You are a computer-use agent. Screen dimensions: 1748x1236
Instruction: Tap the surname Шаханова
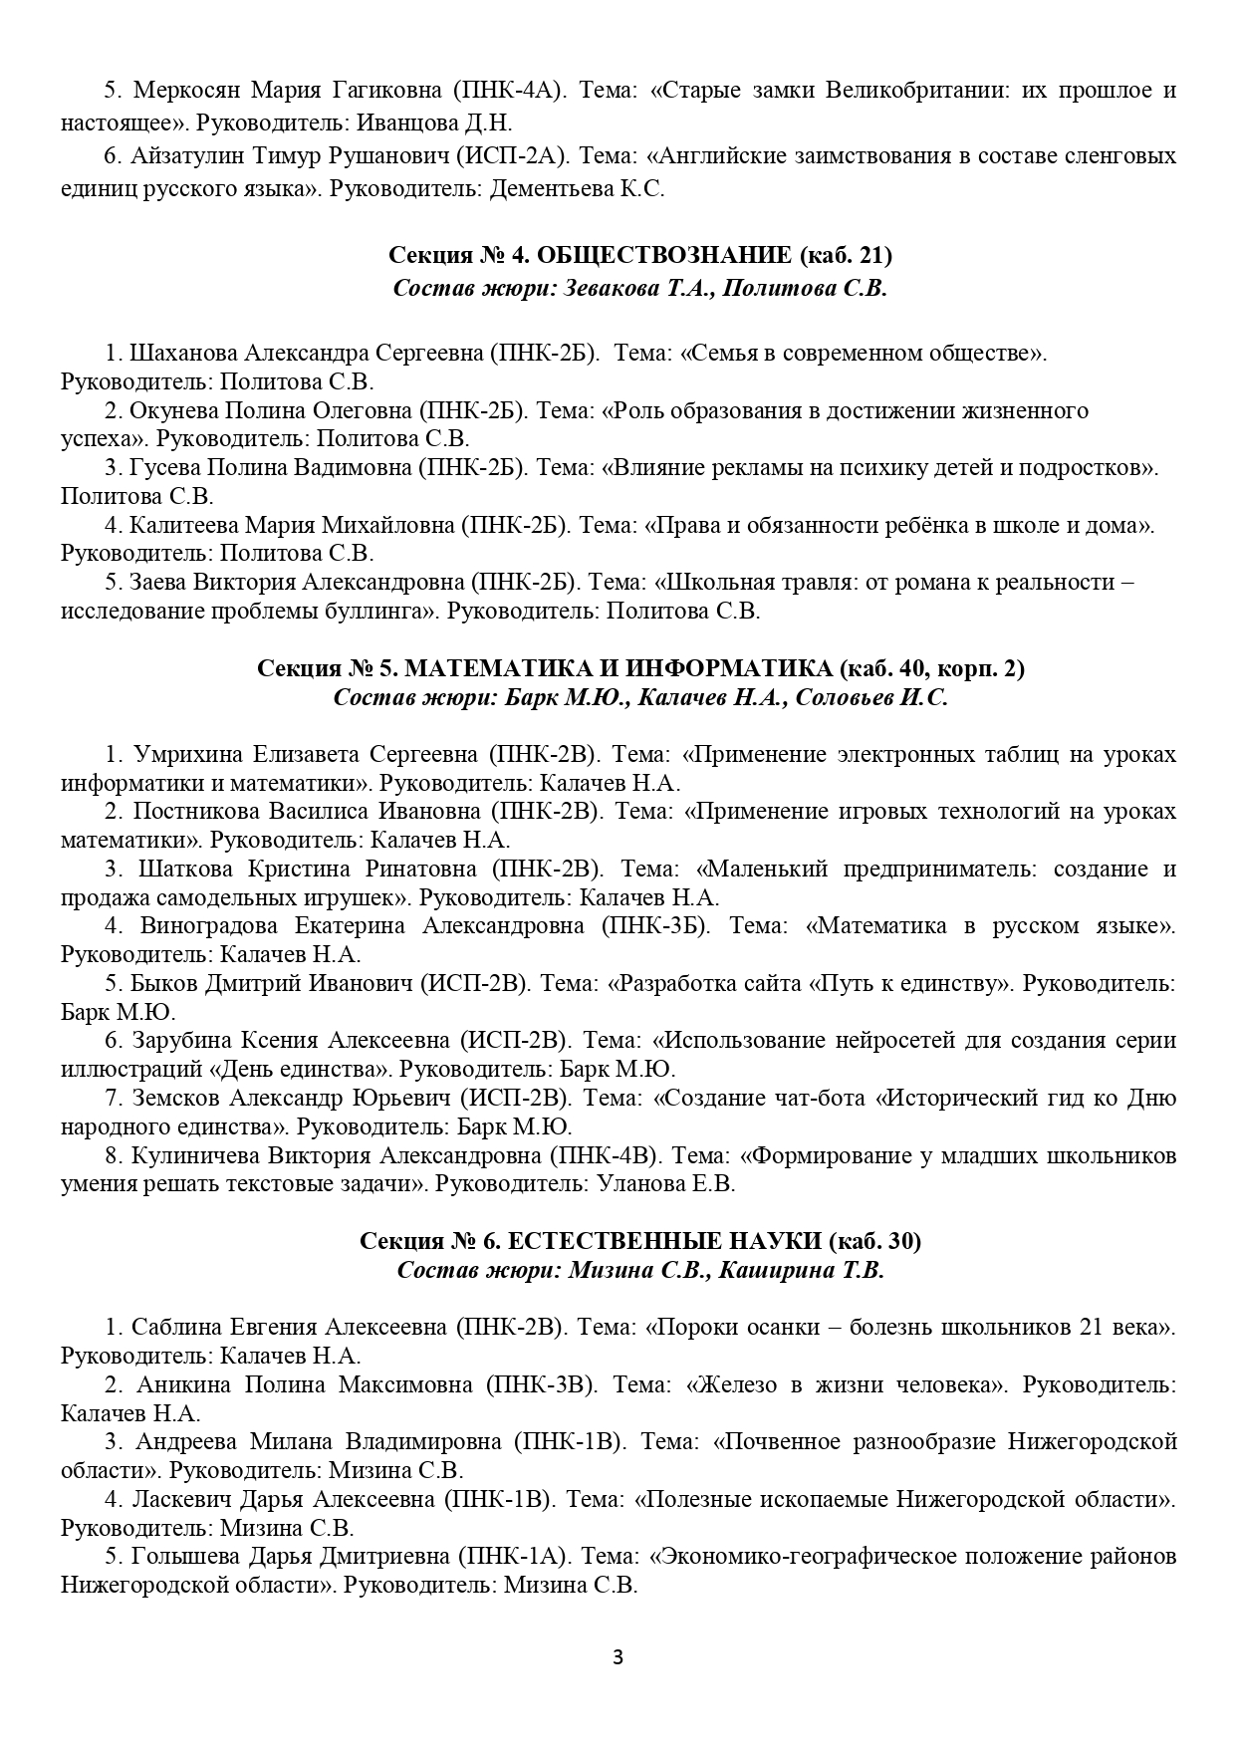184,354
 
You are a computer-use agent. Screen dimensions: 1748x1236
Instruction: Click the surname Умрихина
188,754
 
